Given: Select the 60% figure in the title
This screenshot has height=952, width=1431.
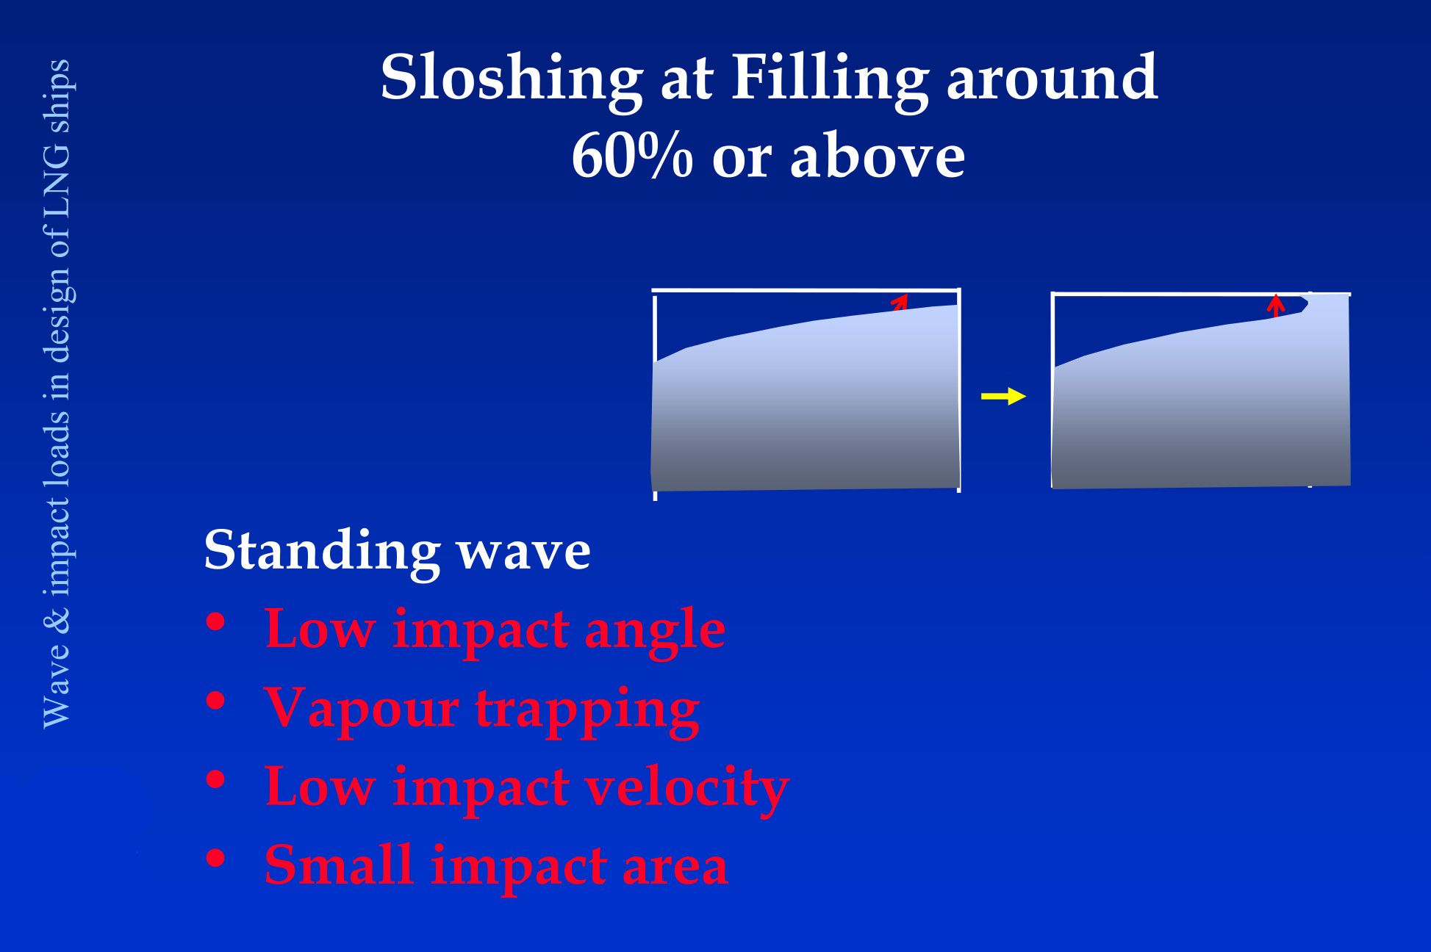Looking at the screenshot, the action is pos(632,156).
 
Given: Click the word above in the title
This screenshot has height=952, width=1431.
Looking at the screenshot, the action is pos(878,156).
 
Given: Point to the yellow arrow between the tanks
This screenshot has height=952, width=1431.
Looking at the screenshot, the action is pos(1003,397).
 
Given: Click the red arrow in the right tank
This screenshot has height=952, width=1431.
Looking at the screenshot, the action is pos(1276,306).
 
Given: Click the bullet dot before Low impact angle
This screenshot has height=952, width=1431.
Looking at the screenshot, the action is pos(215,623).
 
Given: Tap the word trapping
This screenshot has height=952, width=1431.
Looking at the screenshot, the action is pos(587,711).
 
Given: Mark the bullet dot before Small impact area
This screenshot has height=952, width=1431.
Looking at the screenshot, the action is pos(215,858).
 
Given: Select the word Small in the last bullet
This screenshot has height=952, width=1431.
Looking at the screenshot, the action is pos(339,865).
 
